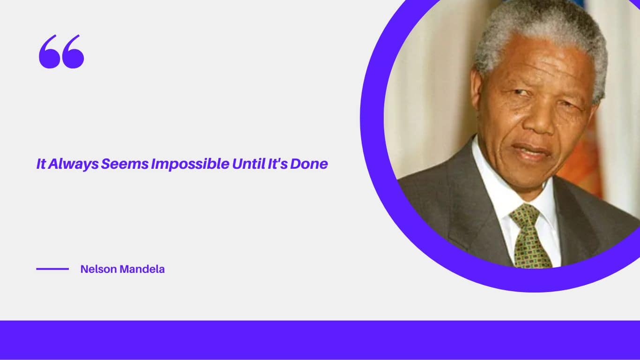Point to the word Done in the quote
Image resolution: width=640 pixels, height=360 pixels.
click(x=309, y=164)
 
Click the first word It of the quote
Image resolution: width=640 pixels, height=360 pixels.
click(x=41, y=164)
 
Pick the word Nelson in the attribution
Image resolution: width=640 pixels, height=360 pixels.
click(x=98, y=269)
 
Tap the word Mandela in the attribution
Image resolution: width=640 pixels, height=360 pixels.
click(x=142, y=269)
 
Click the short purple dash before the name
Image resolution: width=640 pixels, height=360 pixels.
click(x=52, y=269)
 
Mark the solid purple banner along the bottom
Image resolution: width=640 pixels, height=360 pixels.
click(x=320, y=340)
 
